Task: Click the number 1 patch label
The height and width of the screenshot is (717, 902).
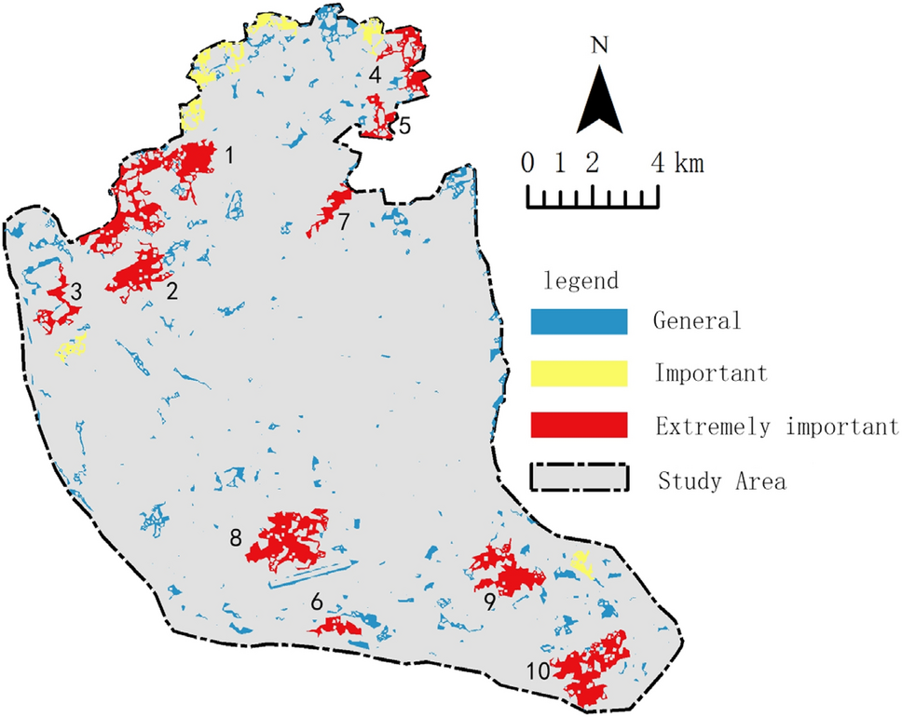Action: tap(228, 156)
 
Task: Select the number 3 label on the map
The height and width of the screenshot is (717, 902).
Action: tap(75, 291)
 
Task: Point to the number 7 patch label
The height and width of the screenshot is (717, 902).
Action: tap(344, 223)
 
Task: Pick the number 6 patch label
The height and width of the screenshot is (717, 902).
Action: tap(317, 602)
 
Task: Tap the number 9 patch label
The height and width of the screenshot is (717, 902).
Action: tap(488, 602)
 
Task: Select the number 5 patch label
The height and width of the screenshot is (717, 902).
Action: tap(404, 126)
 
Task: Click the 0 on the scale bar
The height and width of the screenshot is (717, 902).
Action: tap(527, 165)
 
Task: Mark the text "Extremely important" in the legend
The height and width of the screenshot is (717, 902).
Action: tap(770, 426)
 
